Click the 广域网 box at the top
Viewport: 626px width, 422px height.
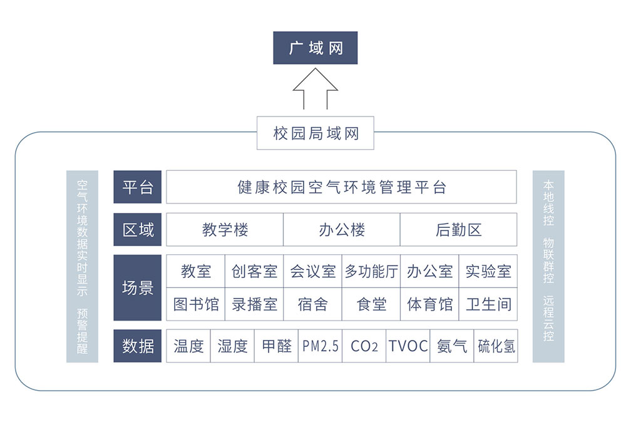[x=315, y=48]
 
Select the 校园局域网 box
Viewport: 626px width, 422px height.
[x=316, y=133]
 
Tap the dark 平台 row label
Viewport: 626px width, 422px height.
[x=137, y=187]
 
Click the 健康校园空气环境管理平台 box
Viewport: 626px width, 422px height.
[x=341, y=187]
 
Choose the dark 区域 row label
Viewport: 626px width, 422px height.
[x=137, y=230]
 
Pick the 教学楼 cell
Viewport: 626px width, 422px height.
[x=225, y=230]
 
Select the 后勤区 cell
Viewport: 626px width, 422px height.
[x=458, y=230]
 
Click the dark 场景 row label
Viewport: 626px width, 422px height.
[x=137, y=287]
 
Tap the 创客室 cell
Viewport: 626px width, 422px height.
[x=254, y=271]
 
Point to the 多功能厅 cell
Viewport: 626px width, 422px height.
[x=371, y=271]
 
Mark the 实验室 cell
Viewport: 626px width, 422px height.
[x=488, y=271]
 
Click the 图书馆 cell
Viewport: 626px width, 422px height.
[x=195, y=304]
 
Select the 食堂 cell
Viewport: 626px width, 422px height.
[x=371, y=304]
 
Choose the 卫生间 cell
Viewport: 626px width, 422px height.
[x=488, y=304]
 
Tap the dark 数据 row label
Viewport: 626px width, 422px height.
[x=137, y=346]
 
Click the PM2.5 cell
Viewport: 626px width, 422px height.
[x=320, y=346]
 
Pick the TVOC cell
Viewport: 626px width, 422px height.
[x=408, y=346]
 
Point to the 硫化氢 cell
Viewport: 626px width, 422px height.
[x=496, y=346]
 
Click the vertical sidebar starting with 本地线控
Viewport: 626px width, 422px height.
[x=548, y=266]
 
